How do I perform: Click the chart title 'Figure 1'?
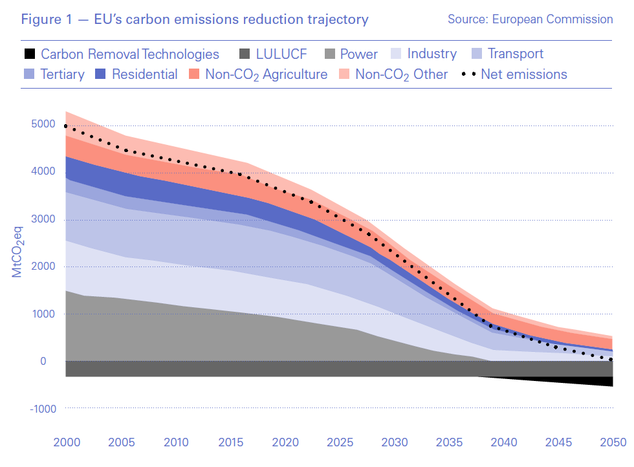pos(194,19)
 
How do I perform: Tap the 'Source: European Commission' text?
pos(530,19)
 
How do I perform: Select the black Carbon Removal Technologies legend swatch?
pos(28,54)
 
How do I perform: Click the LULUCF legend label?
pos(281,54)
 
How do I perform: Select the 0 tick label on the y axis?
pos(43,361)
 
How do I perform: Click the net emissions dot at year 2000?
pos(66,127)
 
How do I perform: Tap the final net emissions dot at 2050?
pos(611,360)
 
